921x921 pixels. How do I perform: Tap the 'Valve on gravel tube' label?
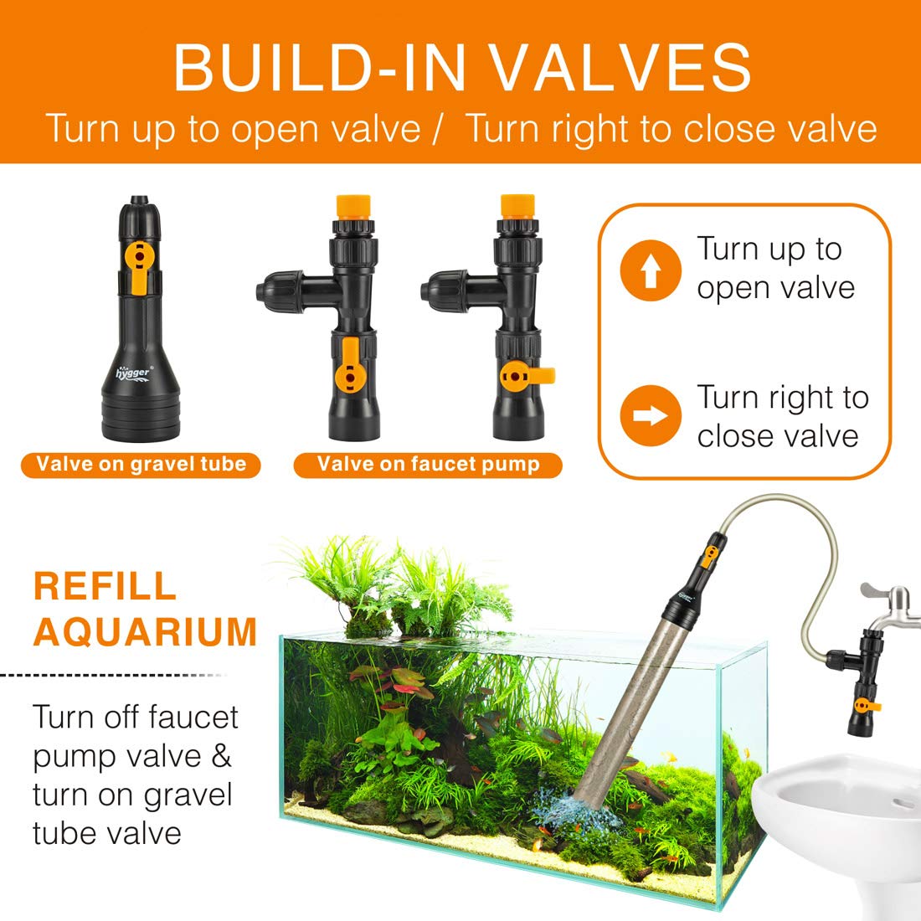pos(141,464)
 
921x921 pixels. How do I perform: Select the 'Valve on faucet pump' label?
pos(428,464)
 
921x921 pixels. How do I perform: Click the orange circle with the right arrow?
pos(651,416)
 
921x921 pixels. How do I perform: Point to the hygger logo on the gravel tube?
pos(135,369)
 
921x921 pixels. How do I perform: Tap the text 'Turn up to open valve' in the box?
pos(774,268)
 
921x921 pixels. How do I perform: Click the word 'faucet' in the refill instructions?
pos(194,718)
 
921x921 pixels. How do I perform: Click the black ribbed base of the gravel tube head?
pos(140,419)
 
